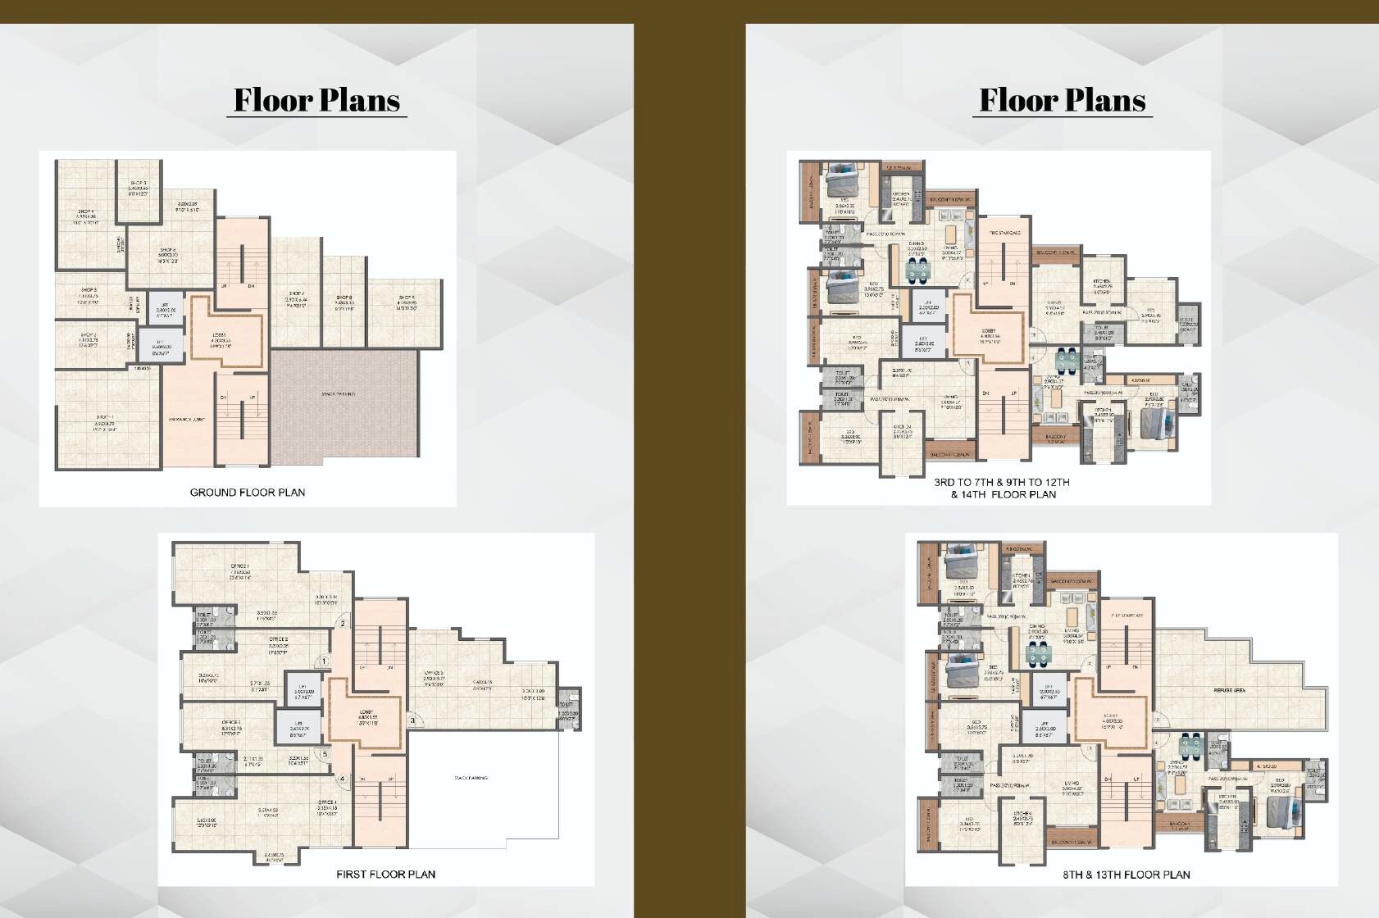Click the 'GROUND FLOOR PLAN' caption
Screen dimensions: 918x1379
(248, 493)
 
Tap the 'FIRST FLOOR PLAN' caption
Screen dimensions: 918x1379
(385, 875)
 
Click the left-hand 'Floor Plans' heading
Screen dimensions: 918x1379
(316, 100)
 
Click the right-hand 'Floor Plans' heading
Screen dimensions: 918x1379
(1063, 100)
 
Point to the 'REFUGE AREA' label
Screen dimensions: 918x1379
(1229, 691)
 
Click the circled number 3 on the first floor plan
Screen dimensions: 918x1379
(413, 721)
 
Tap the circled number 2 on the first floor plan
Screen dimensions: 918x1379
(343, 624)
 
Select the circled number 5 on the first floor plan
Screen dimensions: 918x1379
(325, 755)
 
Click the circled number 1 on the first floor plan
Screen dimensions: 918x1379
(325, 661)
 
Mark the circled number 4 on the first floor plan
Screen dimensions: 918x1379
(342, 779)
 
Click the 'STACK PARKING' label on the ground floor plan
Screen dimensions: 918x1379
(338, 394)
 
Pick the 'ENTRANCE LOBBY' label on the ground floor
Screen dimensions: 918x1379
(187, 420)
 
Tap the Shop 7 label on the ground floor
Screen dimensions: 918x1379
(296, 294)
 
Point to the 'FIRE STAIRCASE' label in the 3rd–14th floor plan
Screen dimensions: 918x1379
(1004, 233)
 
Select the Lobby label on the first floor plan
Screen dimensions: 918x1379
(366, 711)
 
